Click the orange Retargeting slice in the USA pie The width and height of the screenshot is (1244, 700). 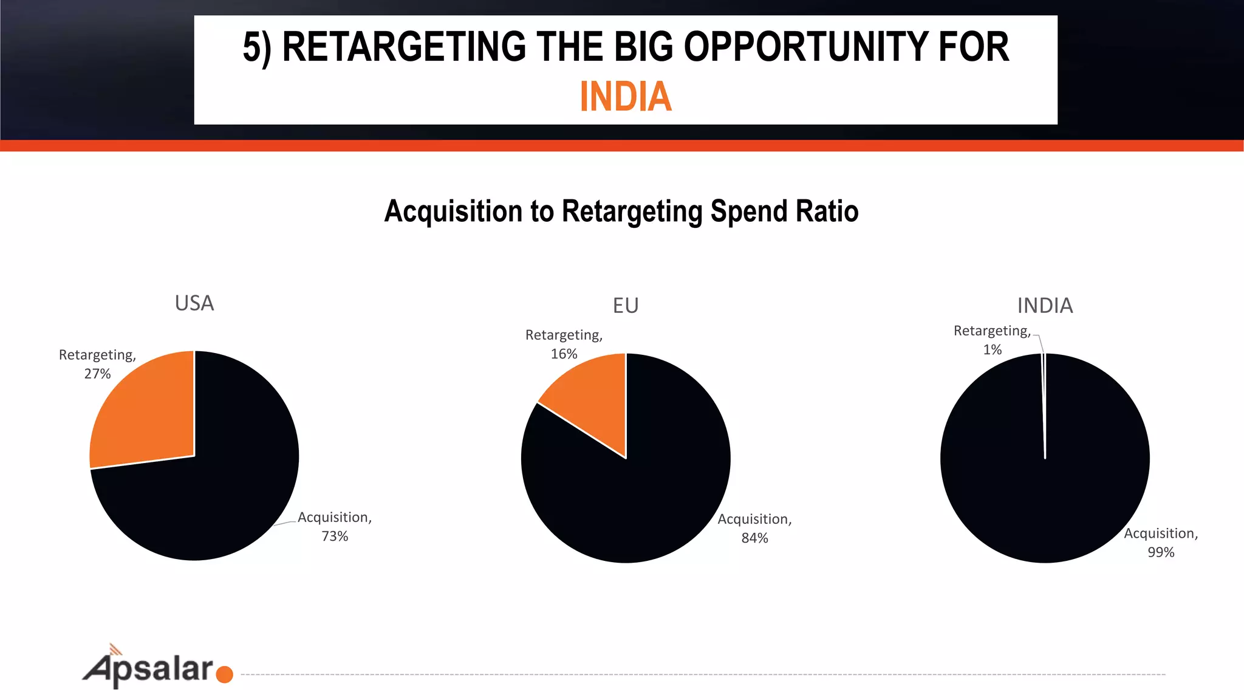[146, 413]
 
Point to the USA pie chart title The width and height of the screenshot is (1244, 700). [194, 303]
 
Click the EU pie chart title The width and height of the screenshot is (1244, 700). [626, 306]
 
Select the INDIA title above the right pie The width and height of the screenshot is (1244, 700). [1045, 306]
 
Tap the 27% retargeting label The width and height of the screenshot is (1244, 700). [97, 365]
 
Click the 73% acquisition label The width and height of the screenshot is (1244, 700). [335, 527]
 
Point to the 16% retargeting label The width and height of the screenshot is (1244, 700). [564, 345]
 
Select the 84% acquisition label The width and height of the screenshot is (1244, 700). [754, 529]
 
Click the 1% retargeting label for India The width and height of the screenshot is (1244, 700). [992, 340]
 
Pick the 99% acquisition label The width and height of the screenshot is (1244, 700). [1161, 543]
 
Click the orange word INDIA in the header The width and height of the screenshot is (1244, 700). [626, 97]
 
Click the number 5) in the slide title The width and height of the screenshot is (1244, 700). [256, 48]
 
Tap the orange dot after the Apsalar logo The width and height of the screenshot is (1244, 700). [224, 674]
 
